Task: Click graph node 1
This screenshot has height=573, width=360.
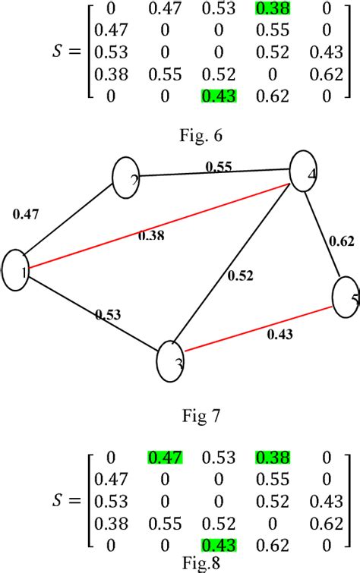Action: click(16, 270)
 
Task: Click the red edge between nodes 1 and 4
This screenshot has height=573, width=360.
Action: click(152, 226)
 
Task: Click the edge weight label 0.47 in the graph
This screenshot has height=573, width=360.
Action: click(27, 216)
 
